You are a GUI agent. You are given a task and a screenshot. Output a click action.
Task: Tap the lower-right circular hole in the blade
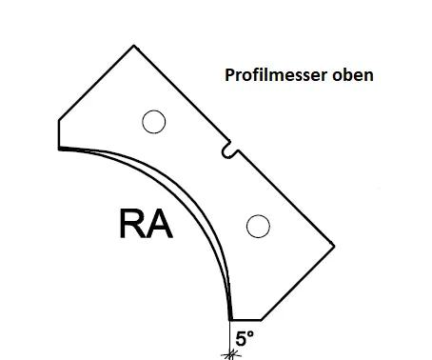(x=256, y=226)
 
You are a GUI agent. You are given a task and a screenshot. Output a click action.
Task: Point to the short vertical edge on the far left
(x=59, y=134)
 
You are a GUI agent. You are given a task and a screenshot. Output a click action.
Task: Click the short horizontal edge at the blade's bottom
(x=246, y=320)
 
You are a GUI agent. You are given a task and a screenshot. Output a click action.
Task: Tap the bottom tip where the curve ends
(x=231, y=320)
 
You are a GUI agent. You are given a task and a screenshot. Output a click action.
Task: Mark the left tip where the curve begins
(x=60, y=149)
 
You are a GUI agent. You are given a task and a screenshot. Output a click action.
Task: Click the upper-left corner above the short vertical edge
(x=59, y=120)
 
